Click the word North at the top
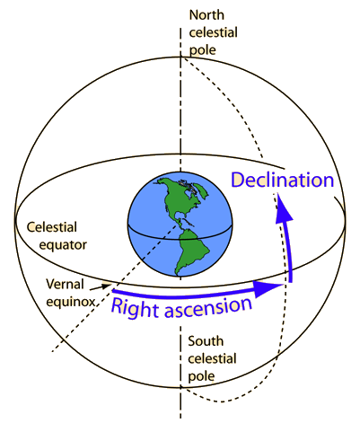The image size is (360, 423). [206, 15]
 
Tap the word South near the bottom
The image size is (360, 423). [206, 341]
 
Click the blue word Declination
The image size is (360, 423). [283, 181]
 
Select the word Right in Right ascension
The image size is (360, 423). [135, 308]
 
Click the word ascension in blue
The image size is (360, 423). [208, 307]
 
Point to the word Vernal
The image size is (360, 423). [65, 284]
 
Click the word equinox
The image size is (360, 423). [70, 302]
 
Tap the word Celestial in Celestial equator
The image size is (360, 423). [52, 227]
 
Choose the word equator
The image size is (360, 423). [63, 245]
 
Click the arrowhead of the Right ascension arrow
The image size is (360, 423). [268, 288]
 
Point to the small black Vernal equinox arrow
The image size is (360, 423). [100, 286]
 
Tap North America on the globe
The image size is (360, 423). [177, 199]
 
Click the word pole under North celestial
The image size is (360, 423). [202, 50]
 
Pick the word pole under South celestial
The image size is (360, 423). [201, 376]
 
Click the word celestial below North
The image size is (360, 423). [213, 32]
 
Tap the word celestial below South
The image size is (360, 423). [212, 358]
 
